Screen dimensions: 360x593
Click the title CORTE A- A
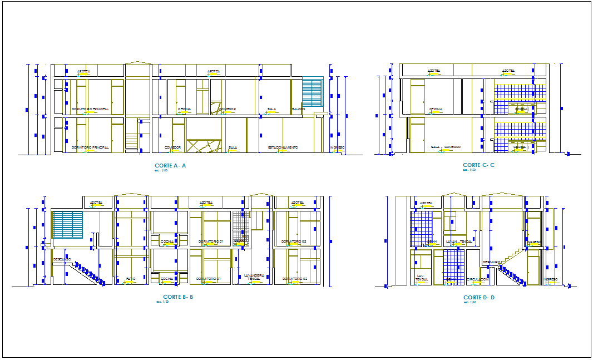(x=170, y=166)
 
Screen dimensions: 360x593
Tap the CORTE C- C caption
(x=478, y=165)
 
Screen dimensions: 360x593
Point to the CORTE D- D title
(x=478, y=298)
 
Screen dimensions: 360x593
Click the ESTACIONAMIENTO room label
(x=283, y=147)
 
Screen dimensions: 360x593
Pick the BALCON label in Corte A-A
(x=298, y=109)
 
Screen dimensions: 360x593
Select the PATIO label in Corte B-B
(x=130, y=278)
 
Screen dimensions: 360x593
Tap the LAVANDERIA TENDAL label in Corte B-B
(x=254, y=277)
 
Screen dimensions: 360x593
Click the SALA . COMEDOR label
(x=446, y=147)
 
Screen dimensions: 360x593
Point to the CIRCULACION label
(x=477, y=279)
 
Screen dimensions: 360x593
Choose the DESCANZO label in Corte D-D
(x=491, y=262)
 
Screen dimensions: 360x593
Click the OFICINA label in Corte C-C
(x=436, y=109)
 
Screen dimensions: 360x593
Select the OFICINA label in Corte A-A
(x=185, y=109)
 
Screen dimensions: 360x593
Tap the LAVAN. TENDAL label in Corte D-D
(x=458, y=241)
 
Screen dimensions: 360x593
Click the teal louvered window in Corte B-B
(x=68, y=224)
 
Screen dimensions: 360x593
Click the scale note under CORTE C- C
(x=470, y=170)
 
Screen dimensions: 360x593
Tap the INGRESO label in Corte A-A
(x=337, y=147)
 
